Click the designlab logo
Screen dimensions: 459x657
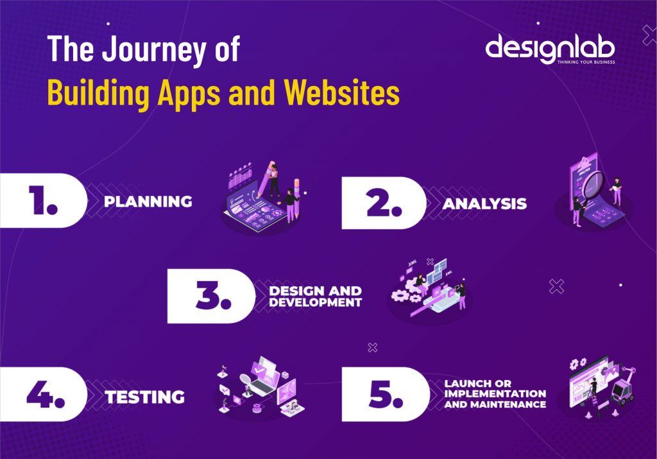[550, 48]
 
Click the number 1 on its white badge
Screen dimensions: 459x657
[42, 201]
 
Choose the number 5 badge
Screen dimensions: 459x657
[384, 395]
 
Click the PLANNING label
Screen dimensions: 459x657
[148, 202]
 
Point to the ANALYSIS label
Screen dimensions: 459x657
[484, 204]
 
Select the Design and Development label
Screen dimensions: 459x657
[315, 297]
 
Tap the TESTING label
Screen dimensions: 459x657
[145, 397]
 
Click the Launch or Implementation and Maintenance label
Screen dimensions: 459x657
[495, 394]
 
